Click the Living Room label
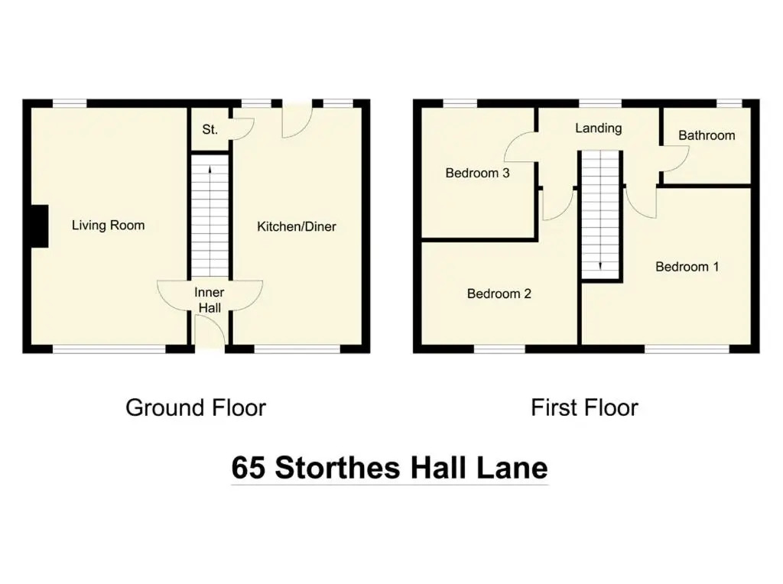coord(109,225)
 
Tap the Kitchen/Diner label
coord(297,226)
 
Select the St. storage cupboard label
coord(210,130)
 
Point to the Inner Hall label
coord(210,300)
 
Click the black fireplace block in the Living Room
coord(40,226)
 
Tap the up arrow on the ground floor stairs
coord(210,170)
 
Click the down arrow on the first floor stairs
coord(600,265)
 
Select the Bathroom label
coord(707,135)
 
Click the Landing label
coord(598,128)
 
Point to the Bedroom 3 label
coord(477,174)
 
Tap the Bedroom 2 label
coord(499,294)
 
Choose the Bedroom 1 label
coord(687,267)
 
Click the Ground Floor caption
coord(196,407)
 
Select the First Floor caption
coord(584,407)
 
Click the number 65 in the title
coord(249,468)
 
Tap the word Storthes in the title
coord(337,468)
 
